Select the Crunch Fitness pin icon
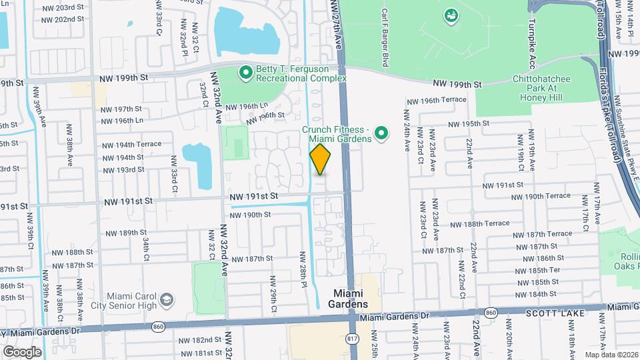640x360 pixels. click(381, 135)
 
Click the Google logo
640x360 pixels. click(21, 351)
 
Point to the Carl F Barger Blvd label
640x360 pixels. click(385, 37)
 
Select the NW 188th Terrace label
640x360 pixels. click(474, 224)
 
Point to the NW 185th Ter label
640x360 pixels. click(537, 270)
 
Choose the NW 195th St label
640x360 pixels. click(469, 123)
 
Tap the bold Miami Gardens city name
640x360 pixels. click(350, 299)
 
